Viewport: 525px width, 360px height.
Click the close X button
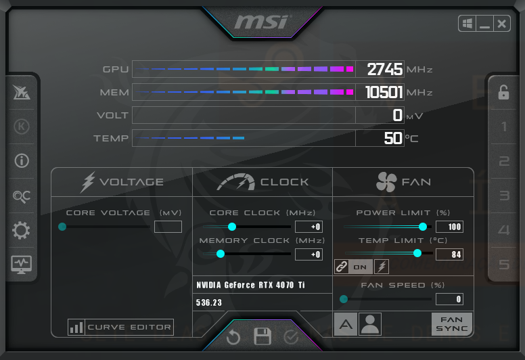501,24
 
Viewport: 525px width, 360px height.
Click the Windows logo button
467,24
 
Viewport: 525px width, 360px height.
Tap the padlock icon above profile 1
503,93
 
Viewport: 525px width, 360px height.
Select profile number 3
504,196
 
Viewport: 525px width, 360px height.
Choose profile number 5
504,264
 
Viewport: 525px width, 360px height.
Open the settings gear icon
21,230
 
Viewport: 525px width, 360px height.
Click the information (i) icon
22,161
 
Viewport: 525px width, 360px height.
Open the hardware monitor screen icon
22,265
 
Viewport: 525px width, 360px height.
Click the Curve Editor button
120,328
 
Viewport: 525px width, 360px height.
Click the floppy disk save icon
262,336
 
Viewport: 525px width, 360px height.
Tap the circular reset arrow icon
233,337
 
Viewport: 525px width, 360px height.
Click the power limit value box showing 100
449,227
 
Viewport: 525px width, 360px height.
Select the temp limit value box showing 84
449,254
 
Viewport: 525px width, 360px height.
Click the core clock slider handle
231,227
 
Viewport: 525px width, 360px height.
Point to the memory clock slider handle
221,254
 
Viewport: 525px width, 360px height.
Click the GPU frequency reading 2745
385,69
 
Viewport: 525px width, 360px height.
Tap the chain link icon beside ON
342,267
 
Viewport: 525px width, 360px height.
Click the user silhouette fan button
370,324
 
